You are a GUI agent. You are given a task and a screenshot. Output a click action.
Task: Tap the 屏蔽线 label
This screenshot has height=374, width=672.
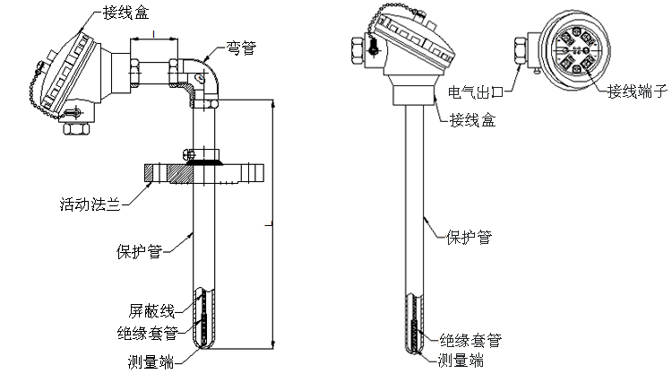[148, 310]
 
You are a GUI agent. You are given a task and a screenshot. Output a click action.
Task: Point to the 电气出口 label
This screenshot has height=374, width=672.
[478, 91]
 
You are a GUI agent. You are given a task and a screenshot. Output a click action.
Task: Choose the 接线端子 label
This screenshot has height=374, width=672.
[638, 91]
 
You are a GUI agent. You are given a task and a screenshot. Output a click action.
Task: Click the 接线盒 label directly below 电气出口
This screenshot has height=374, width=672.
[471, 118]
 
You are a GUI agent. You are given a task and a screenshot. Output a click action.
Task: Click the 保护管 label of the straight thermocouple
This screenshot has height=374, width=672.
[469, 237]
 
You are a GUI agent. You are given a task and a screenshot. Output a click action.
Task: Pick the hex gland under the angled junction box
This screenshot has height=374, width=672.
[75, 128]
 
